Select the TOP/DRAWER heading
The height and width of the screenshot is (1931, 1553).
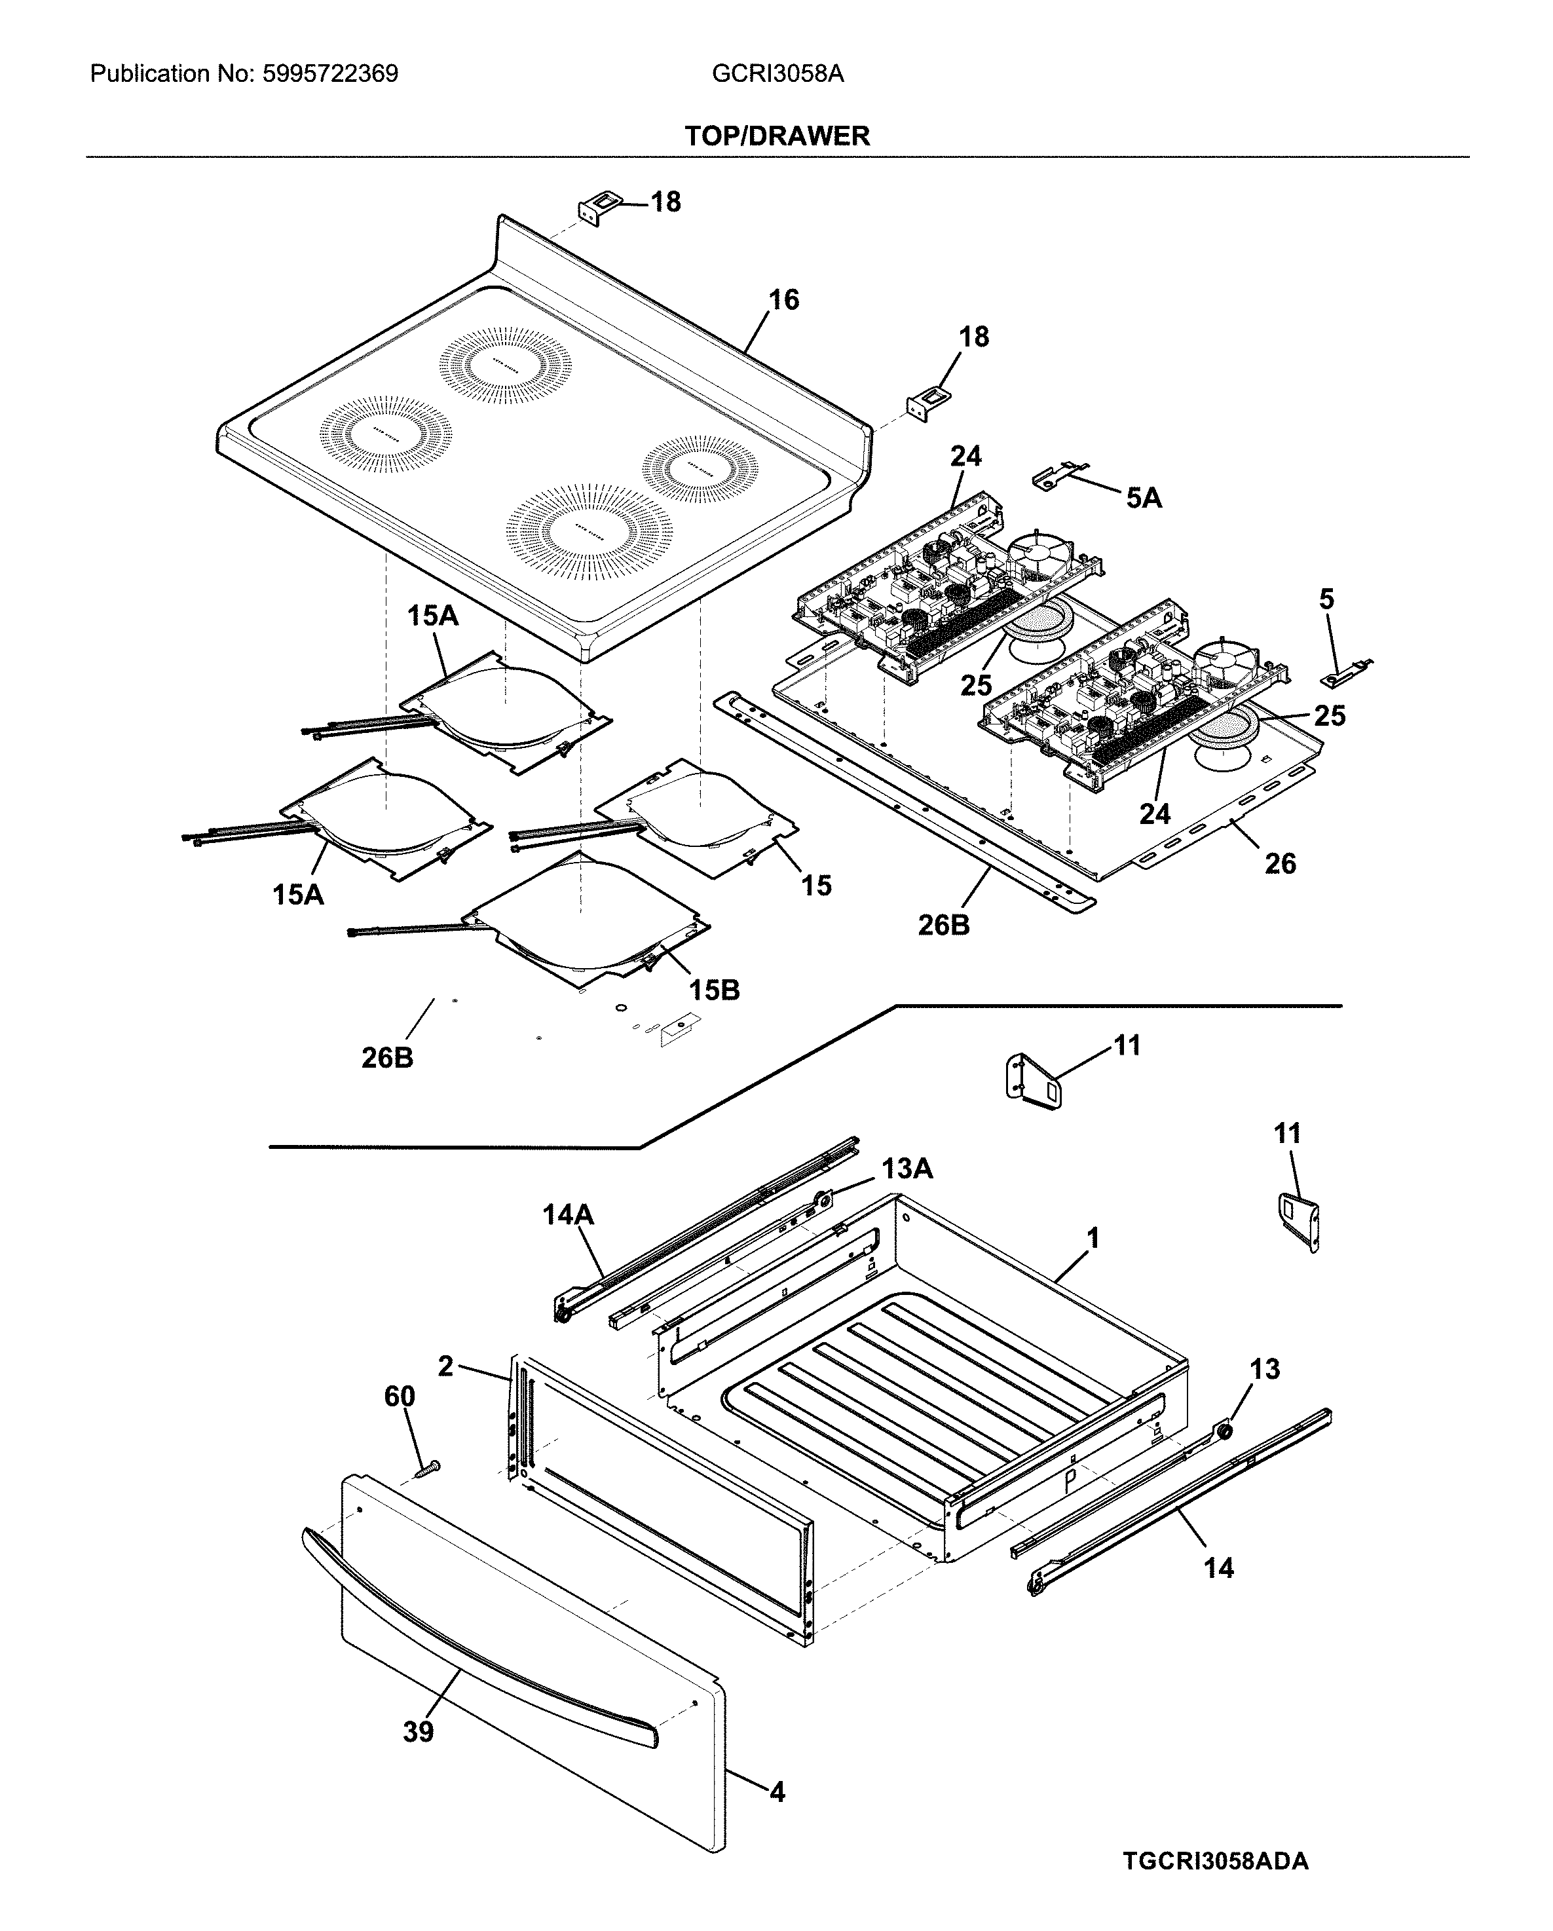pyautogui.click(x=777, y=136)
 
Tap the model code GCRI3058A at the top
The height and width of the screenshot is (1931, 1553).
pyautogui.click(x=777, y=73)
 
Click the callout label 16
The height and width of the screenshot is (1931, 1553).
pyautogui.click(x=783, y=300)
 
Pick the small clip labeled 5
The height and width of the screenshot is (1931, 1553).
pyautogui.click(x=1345, y=673)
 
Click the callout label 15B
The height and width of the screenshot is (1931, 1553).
pyautogui.click(x=714, y=990)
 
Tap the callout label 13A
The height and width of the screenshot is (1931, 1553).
pyautogui.click(x=907, y=1168)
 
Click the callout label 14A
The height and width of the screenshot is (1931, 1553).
pyautogui.click(x=568, y=1214)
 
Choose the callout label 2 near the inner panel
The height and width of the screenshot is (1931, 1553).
pyautogui.click(x=445, y=1367)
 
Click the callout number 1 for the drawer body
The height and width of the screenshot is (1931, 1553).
pyautogui.click(x=1093, y=1239)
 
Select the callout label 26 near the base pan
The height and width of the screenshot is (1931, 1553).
pyautogui.click(x=1280, y=863)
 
